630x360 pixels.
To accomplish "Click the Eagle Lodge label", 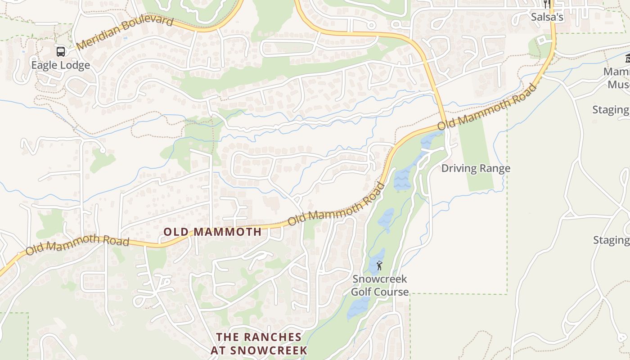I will coord(60,65).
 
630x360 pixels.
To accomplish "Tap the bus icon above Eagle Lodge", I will coord(61,51).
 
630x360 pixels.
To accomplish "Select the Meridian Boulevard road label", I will coord(125,33).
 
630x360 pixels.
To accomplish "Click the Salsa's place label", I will coord(547,17).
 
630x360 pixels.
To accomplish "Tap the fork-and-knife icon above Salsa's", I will coord(547,4).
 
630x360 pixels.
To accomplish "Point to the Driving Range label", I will coord(476,168).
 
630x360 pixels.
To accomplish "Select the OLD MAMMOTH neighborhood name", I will coord(212,232).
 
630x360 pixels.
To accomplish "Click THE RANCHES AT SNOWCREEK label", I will coord(259,343).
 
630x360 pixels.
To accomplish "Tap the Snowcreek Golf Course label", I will coord(380,285).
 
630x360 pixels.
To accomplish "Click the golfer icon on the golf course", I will coord(379,265).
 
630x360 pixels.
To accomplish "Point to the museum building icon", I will coord(627,58).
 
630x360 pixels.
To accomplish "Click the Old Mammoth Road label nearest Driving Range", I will coord(487,106).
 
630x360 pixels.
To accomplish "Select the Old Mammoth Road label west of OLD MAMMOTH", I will coord(77,245).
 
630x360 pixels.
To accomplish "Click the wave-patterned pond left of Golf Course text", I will coord(359,308).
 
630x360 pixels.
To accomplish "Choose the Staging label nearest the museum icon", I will coord(611,109).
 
